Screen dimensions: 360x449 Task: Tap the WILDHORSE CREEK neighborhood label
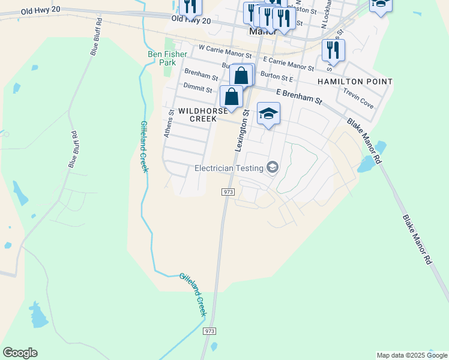[202, 115]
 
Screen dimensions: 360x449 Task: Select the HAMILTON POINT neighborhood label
[355, 82]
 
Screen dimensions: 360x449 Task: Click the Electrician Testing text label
[230, 168]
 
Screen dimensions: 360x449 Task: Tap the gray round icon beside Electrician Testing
[273, 167]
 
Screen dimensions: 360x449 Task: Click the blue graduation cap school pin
[268, 113]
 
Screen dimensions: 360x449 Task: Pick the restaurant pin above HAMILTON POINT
[333, 50]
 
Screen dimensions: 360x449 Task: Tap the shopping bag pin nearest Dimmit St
[232, 97]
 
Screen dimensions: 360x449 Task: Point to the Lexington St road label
[241, 130]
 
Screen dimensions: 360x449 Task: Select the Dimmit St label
[198, 89]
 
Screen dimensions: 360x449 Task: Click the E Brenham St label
[299, 97]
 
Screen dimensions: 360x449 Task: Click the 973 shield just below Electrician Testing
[228, 191]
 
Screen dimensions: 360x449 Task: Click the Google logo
[20, 353]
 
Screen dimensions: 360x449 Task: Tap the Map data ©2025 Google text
[411, 355]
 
